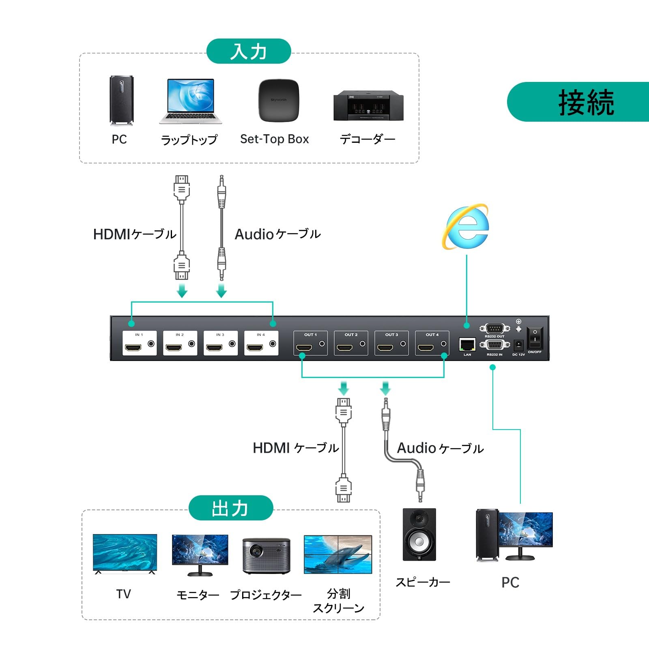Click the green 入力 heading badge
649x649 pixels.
tap(249, 52)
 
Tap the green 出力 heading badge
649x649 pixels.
tap(230, 508)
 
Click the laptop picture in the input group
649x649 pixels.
tap(191, 101)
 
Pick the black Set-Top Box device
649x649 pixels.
tap(279, 100)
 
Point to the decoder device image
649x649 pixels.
tap(368, 105)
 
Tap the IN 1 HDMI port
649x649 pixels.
tap(133, 348)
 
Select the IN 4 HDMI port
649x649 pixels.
tap(255, 348)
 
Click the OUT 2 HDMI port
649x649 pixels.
tap(345, 348)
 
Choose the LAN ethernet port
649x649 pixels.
tap(467, 345)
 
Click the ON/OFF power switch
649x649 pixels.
tap(535, 337)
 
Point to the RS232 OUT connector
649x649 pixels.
tap(494, 328)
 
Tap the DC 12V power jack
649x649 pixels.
tap(518, 346)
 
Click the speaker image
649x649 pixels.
tap(419, 535)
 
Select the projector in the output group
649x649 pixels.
tap(266, 556)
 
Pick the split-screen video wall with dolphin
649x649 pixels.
tap(338, 554)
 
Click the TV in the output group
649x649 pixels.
tap(125, 553)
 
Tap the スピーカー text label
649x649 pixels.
tap(423, 582)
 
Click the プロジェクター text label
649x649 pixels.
tap(266, 595)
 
